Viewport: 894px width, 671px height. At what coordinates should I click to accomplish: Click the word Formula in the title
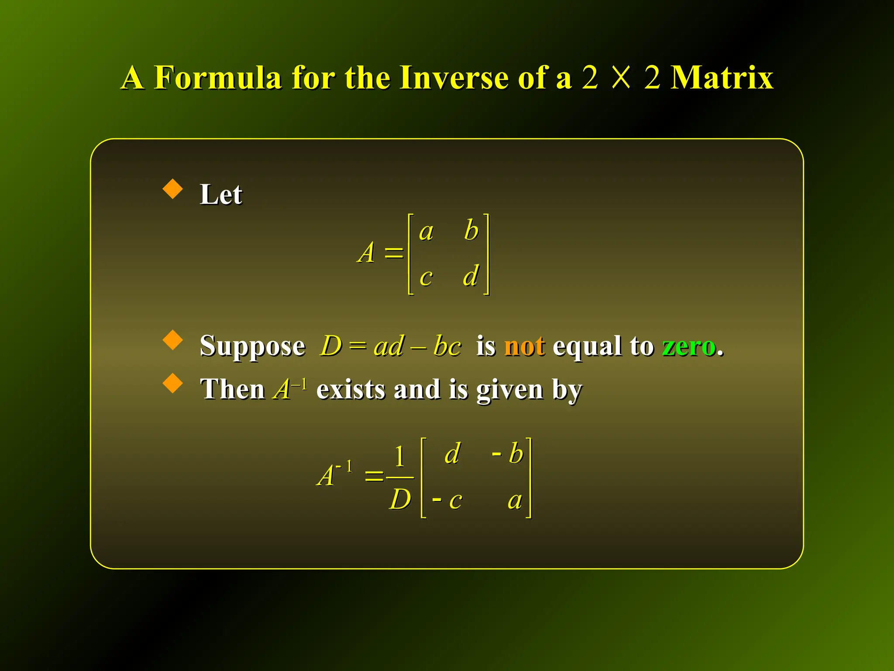pos(217,78)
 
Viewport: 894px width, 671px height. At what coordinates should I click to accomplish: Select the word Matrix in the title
pos(722,78)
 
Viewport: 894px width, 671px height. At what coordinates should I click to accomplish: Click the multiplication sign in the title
pos(621,78)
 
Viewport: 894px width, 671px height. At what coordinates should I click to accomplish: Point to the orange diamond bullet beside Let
pos(173,189)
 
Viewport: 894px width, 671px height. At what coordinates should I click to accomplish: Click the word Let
pos(221,194)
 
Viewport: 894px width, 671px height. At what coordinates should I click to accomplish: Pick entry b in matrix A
pos(471,230)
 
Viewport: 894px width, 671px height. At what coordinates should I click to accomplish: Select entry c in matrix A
pos(426,277)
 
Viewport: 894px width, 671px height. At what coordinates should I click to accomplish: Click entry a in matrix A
pos(426,232)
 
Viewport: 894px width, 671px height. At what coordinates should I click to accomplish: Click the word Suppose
pos(252,346)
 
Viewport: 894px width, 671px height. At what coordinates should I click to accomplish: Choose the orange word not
pos(524,346)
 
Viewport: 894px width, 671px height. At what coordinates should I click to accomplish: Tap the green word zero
pos(689,346)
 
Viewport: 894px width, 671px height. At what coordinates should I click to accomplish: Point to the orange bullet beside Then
pos(173,383)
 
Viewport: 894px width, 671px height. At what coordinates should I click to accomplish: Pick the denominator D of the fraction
pos(400,499)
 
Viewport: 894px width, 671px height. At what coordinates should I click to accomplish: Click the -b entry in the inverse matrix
pos(508,453)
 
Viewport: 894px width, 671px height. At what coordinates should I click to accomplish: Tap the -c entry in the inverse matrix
pos(447,500)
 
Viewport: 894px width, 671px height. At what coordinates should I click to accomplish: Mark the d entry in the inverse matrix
pos(453,453)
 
